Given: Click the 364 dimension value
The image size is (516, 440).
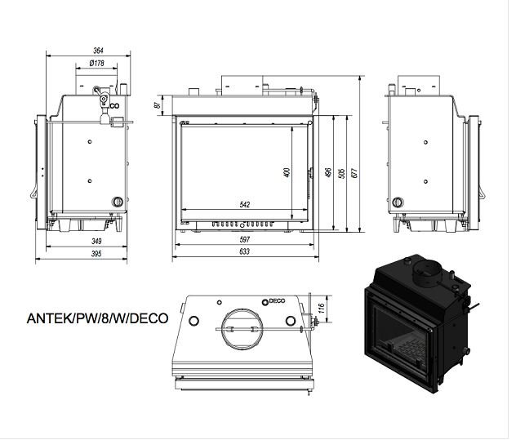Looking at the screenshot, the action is (x=98, y=51).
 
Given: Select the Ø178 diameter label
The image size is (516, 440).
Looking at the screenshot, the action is (x=96, y=63).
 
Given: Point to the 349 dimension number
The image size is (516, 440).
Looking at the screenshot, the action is (x=96, y=241).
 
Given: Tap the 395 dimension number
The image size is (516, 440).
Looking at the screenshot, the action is (x=96, y=253).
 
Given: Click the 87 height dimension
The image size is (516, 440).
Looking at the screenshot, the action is (x=158, y=104).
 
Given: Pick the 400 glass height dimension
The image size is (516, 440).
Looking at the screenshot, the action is (x=287, y=173).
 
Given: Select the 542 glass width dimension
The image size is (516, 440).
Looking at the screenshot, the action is (x=244, y=204).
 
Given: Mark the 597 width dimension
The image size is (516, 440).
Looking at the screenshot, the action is (x=245, y=239).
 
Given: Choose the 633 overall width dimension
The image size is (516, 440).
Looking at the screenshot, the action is (x=244, y=251).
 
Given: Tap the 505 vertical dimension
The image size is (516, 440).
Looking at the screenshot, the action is (x=341, y=173).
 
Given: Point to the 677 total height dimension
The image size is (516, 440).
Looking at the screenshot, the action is (x=354, y=173).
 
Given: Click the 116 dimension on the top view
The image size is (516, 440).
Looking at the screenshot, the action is (x=322, y=308).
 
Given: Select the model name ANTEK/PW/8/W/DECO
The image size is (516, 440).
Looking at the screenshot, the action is (x=97, y=318).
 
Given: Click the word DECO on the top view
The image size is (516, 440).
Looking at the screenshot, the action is (x=277, y=300).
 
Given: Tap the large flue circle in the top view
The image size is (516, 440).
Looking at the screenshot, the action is (x=242, y=328).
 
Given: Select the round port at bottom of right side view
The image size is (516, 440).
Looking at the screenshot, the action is (x=398, y=202).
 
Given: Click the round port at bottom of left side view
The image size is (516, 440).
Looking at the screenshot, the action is (x=118, y=202).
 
